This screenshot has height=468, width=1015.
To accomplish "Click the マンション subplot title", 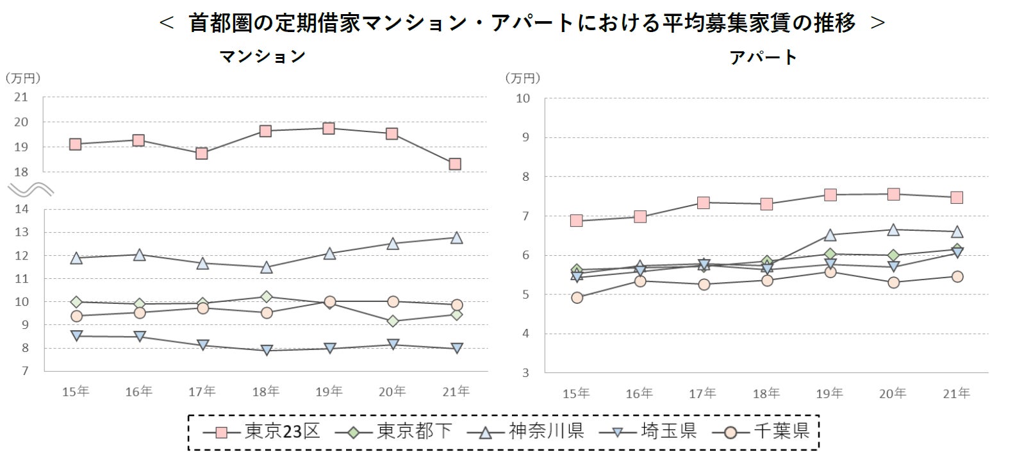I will click(x=263, y=56).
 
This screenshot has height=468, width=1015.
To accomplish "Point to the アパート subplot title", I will click(x=763, y=57).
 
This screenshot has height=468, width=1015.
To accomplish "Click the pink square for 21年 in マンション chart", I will click(x=455, y=164).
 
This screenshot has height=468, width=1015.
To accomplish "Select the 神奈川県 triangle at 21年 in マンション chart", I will click(x=456, y=238).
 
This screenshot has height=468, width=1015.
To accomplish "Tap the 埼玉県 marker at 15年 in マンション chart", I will click(x=76, y=335).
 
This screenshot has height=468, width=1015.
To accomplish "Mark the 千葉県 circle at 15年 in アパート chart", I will click(x=577, y=297).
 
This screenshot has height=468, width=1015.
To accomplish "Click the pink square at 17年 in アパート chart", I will click(x=703, y=203).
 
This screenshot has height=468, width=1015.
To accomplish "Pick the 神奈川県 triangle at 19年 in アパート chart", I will click(x=830, y=235).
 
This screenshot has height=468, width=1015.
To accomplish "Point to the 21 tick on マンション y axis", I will click(x=21, y=97).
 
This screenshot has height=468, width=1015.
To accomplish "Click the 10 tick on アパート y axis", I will click(x=523, y=99).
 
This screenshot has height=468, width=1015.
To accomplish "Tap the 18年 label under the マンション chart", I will click(x=266, y=392).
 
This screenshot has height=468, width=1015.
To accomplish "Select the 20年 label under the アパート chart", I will click(x=893, y=393).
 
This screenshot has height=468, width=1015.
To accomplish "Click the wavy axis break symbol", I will click(x=30, y=189).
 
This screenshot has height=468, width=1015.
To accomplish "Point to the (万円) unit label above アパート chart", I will click(x=524, y=78).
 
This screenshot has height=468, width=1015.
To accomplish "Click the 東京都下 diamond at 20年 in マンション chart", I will click(x=393, y=321).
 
